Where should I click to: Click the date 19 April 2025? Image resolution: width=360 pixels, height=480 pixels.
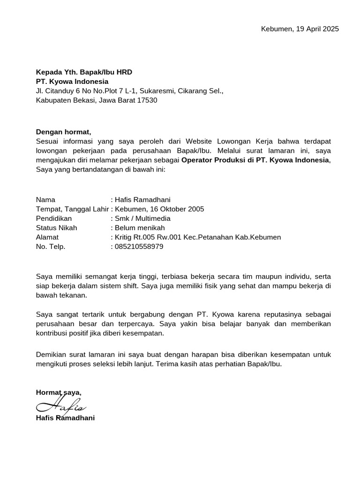[318, 29]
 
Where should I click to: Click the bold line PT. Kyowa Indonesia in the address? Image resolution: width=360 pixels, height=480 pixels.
[72, 82]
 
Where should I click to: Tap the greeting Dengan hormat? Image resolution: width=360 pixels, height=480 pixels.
[63, 132]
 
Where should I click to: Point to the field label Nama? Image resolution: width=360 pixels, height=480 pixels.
[45, 200]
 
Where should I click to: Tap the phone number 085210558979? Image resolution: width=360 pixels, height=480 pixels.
[139, 247]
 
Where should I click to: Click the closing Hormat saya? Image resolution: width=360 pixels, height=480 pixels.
[59, 392]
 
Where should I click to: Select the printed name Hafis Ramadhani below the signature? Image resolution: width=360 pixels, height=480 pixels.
[65, 418]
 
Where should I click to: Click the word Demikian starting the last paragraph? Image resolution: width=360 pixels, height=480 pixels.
[51, 354]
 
